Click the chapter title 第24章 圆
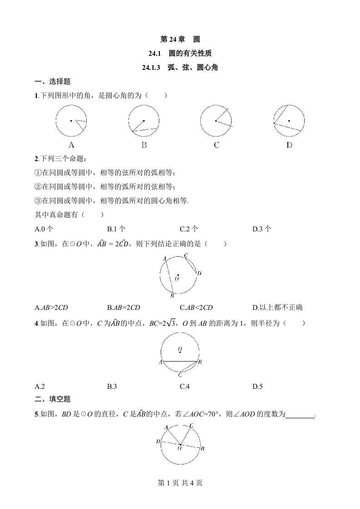[x=180, y=39]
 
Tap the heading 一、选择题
[x=53, y=82]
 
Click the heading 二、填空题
[x=53, y=399]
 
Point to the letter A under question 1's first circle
[x=71, y=145]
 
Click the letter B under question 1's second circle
[x=144, y=145]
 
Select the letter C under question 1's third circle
[x=217, y=145]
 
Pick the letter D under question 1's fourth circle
[x=289, y=145]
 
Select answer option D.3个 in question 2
[x=262, y=229]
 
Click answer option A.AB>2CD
[x=51, y=308]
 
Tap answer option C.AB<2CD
[x=196, y=308]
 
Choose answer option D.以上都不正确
[x=277, y=308]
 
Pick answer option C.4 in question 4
[x=184, y=387]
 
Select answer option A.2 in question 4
[x=39, y=387]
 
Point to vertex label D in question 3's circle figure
[x=199, y=273]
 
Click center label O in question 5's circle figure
[x=180, y=448]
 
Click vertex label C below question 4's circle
[x=180, y=375]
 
